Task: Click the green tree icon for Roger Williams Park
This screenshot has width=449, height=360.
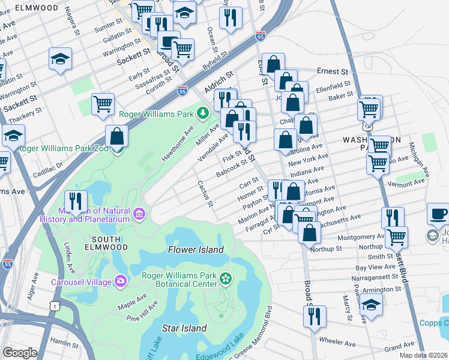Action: coord(203,113)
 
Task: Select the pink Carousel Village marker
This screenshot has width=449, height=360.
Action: coord(121,281)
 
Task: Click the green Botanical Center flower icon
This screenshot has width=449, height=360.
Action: coord(226,278)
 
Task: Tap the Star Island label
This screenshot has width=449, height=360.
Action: coord(184,328)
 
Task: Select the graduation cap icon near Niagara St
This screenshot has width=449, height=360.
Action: coord(59,59)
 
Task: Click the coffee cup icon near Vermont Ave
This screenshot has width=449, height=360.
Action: coord(438,214)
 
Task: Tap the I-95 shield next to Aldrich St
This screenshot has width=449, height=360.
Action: coord(182,91)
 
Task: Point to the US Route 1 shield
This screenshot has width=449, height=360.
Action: coord(56,306)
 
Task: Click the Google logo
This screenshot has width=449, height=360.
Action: coord(20,352)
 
